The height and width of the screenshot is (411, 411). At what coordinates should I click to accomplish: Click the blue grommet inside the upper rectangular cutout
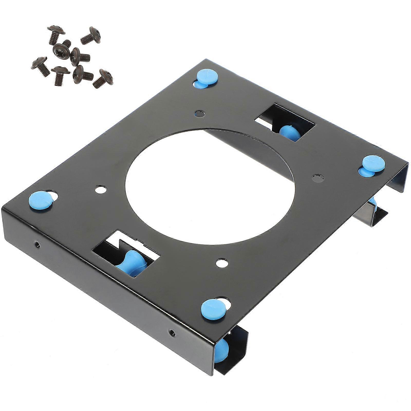[288, 131]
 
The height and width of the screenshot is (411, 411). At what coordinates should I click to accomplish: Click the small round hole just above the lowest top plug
[221, 263]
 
